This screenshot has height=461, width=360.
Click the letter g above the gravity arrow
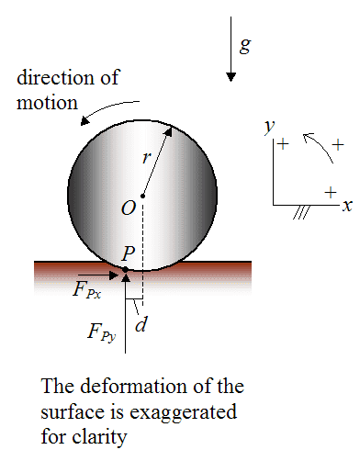click(245, 45)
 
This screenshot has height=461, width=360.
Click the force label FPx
click(88, 289)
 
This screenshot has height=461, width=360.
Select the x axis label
click(346, 207)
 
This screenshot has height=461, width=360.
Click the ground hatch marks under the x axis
click(298, 212)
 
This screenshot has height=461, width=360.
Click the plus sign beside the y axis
click(283, 144)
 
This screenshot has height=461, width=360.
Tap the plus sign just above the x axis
click(330, 191)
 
